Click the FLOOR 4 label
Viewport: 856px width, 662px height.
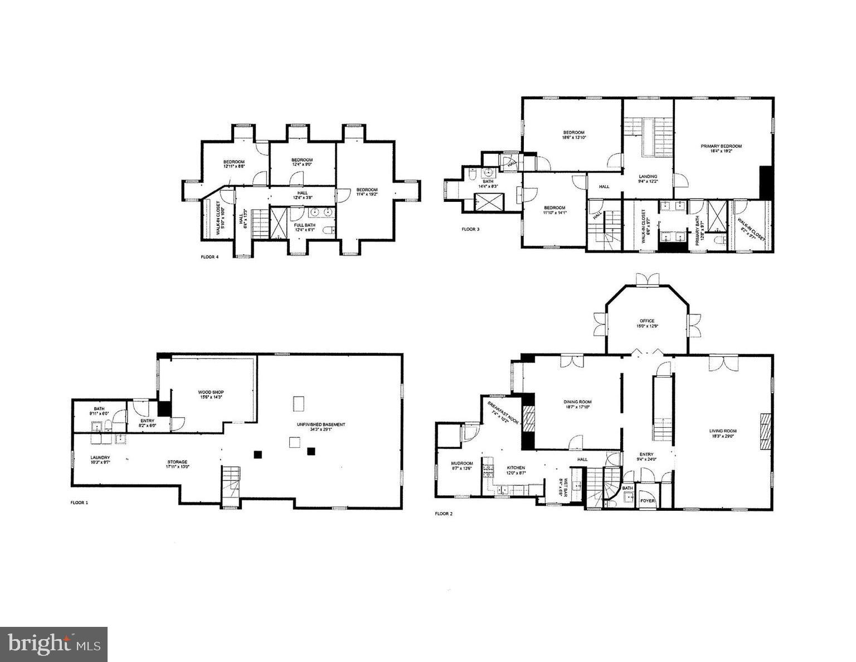coord(210,257)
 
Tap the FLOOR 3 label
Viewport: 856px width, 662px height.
coord(470,229)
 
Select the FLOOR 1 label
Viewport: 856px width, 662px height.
coord(79,502)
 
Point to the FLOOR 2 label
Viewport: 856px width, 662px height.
coord(444,514)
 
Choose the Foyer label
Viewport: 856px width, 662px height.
coord(648,501)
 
